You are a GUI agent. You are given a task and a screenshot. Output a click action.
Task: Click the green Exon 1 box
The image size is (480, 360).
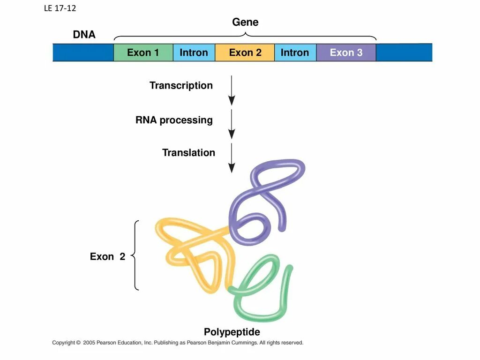tap(143, 52)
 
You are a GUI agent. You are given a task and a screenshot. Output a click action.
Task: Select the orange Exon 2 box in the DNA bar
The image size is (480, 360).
tap(245, 52)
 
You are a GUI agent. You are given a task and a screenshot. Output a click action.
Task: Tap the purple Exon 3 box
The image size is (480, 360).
tap(346, 52)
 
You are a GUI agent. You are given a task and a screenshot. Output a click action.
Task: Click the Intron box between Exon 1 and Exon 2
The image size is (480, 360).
tap(194, 52)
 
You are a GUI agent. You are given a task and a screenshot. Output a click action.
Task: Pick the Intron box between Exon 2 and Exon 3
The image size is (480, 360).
tap(295, 52)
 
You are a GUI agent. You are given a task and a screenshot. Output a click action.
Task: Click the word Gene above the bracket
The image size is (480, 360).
tap(245, 22)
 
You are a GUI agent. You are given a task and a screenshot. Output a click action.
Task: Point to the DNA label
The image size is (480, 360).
tap(84, 35)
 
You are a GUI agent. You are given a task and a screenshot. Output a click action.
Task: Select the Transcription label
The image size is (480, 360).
tap(181, 85)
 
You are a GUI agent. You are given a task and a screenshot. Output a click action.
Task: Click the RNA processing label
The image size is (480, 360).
tap(174, 120)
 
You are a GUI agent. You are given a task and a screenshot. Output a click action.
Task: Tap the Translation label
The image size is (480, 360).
tap(188, 152)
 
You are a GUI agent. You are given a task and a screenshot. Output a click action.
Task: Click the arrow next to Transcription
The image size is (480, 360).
tap(232, 90)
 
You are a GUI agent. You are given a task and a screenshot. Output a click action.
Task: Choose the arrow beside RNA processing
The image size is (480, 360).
tap(232, 124)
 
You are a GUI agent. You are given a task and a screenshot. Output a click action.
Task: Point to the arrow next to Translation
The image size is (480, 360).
tap(232, 157)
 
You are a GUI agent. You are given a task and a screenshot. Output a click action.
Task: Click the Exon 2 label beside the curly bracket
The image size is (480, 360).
tap(107, 256)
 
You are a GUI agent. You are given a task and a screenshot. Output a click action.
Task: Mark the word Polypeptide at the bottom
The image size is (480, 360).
tap(232, 332)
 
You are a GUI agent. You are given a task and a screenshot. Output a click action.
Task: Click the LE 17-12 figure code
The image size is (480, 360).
tap(60, 8)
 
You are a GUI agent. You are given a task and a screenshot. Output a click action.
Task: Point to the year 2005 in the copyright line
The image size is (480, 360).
tap(89, 343)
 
